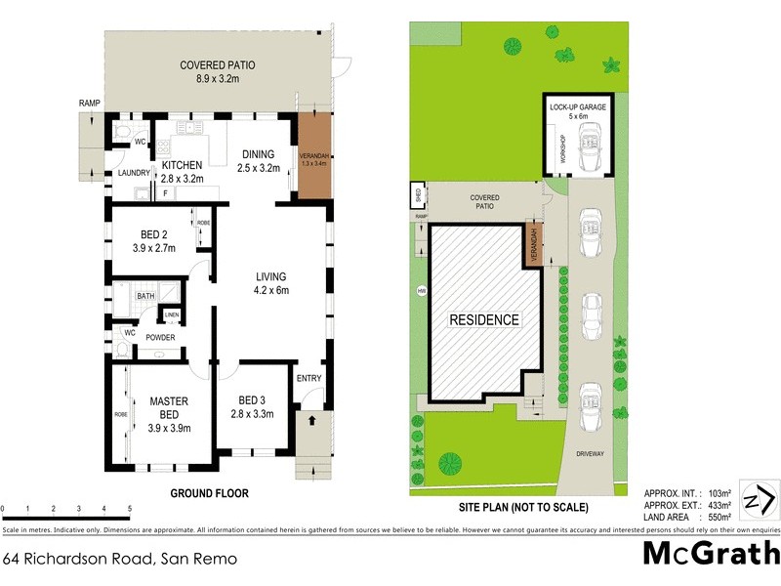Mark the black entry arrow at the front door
point(312,421)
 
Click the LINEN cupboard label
point(171,314)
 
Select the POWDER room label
point(161,338)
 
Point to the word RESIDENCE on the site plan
point(484,319)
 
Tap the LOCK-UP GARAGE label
point(577,107)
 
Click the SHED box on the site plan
point(418,194)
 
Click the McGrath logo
point(710,554)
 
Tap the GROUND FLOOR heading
point(210,494)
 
